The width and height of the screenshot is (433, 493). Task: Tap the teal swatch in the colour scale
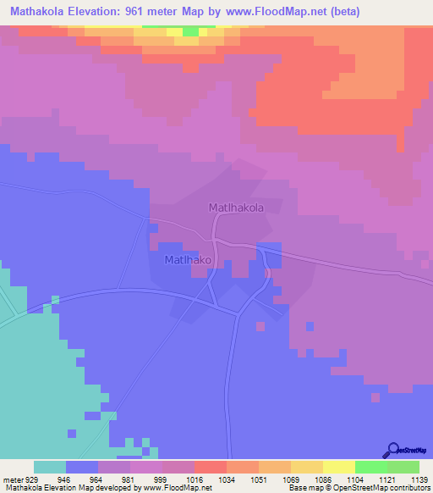point(50,467)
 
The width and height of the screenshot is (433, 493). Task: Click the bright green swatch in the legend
point(371,467)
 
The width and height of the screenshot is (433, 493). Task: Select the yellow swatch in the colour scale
point(339,467)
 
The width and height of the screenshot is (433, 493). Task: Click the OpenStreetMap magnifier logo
point(392,449)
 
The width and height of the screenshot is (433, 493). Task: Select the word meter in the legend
point(12,478)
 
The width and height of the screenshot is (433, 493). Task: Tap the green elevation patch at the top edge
point(192,31)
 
